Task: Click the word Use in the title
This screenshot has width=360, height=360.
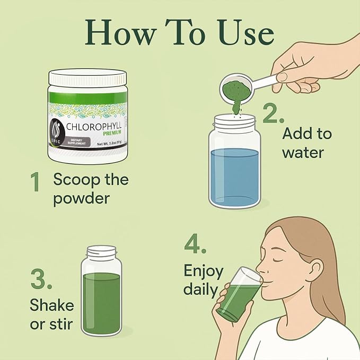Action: click(x=246, y=33)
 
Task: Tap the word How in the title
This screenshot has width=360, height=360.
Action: click(x=120, y=32)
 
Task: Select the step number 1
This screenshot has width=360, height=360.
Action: click(x=35, y=182)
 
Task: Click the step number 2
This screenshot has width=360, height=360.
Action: click(x=273, y=113)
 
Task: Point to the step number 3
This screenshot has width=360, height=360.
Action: click(x=41, y=279)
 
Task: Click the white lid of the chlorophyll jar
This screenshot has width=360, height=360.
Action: click(x=87, y=77)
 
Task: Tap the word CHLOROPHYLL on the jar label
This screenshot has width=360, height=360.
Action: click(x=94, y=127)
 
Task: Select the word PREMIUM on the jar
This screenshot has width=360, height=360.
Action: click(x=112, y=133)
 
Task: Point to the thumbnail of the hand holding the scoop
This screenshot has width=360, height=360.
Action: click(x=282, y=77)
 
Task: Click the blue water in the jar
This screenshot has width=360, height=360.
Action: click(x=235, y=177)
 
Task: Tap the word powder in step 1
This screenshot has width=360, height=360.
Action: click(x=82, y=199)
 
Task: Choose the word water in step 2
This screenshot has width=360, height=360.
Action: click(x=303, y=153)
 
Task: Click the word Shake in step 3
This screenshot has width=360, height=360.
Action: click(x=52, y=305)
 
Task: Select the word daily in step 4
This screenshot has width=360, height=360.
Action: click(x=200, y=289)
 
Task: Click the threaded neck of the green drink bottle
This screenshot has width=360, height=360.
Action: click(x=101, y=252)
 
